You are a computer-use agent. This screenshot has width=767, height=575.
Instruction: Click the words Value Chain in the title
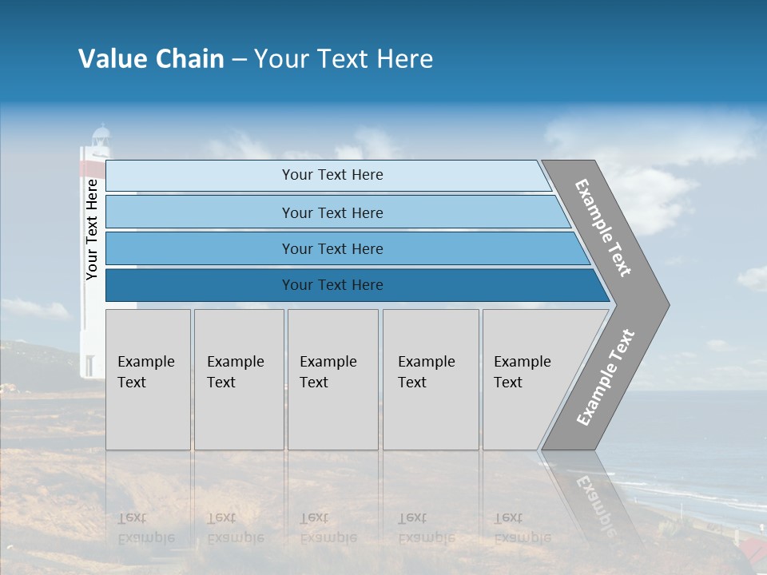(151, 59)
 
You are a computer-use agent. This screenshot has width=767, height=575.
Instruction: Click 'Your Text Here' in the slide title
(344, 59)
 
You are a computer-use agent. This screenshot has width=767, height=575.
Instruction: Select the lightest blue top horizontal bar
(328, 175)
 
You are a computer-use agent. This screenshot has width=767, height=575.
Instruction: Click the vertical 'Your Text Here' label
(92, 230)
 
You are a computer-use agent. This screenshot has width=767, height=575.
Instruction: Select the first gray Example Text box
(148, 379)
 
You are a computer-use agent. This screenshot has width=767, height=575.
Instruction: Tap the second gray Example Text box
(239, 379)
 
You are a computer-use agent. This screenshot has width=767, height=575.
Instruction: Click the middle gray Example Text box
(332, 379)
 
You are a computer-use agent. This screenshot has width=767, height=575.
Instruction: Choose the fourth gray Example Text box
(431, 379)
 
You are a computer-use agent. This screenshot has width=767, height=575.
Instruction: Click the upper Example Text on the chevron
(603, 228)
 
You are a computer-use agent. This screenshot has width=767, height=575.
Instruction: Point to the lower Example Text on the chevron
(605, 378)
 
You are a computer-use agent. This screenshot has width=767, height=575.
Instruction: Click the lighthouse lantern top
(100, 136)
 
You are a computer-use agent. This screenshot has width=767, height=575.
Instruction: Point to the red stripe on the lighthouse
(92, 168)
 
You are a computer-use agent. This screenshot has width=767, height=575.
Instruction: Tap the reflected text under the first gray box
(146, 527)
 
